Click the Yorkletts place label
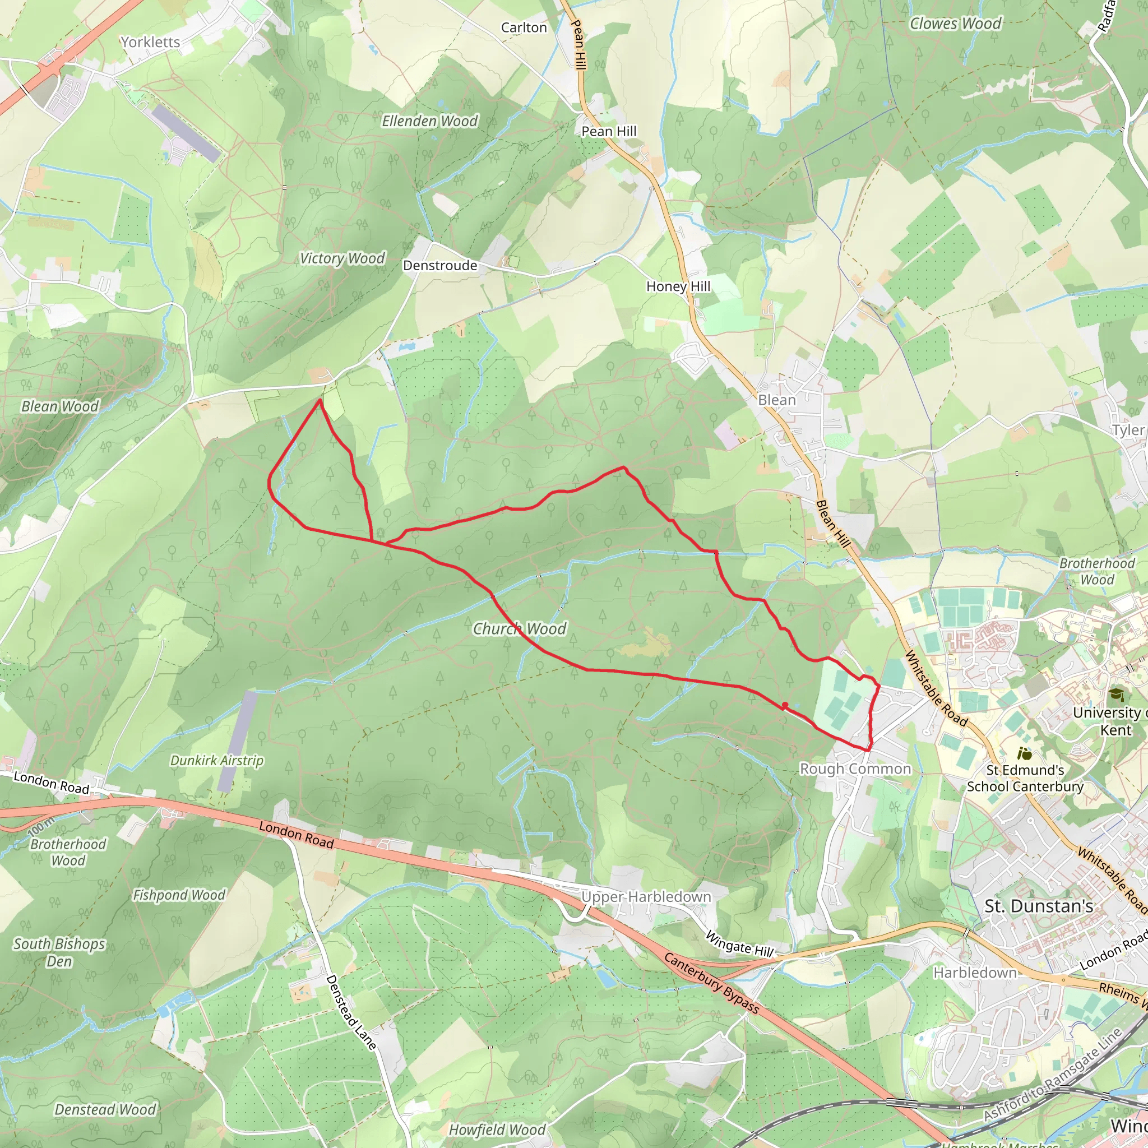click(x=150, y=42)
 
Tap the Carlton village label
click(x=524, y=28)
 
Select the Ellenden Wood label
click(x=429, y=121)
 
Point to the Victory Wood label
click(x=342, y=258)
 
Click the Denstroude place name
click(x=439, y=266)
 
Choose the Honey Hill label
click(x=678, y=286)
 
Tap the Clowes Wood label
click(x=955, y=24)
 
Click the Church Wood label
click(x=519, y=629)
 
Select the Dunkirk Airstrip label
click(x=216, y=761)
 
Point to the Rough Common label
click(x=855, y=769)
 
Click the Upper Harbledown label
click(x=646, y=897)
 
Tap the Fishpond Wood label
click(x=179, y=895)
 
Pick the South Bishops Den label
click(x=59, y=952)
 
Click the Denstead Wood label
click(x=105, y=1109)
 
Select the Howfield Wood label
click(x=497, y=1130)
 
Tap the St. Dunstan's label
click(x=1039, y=906)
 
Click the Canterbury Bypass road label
click(x=711, y=983)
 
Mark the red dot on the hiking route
click(x=785, y=705)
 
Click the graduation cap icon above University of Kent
click(x=1116, y=694)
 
